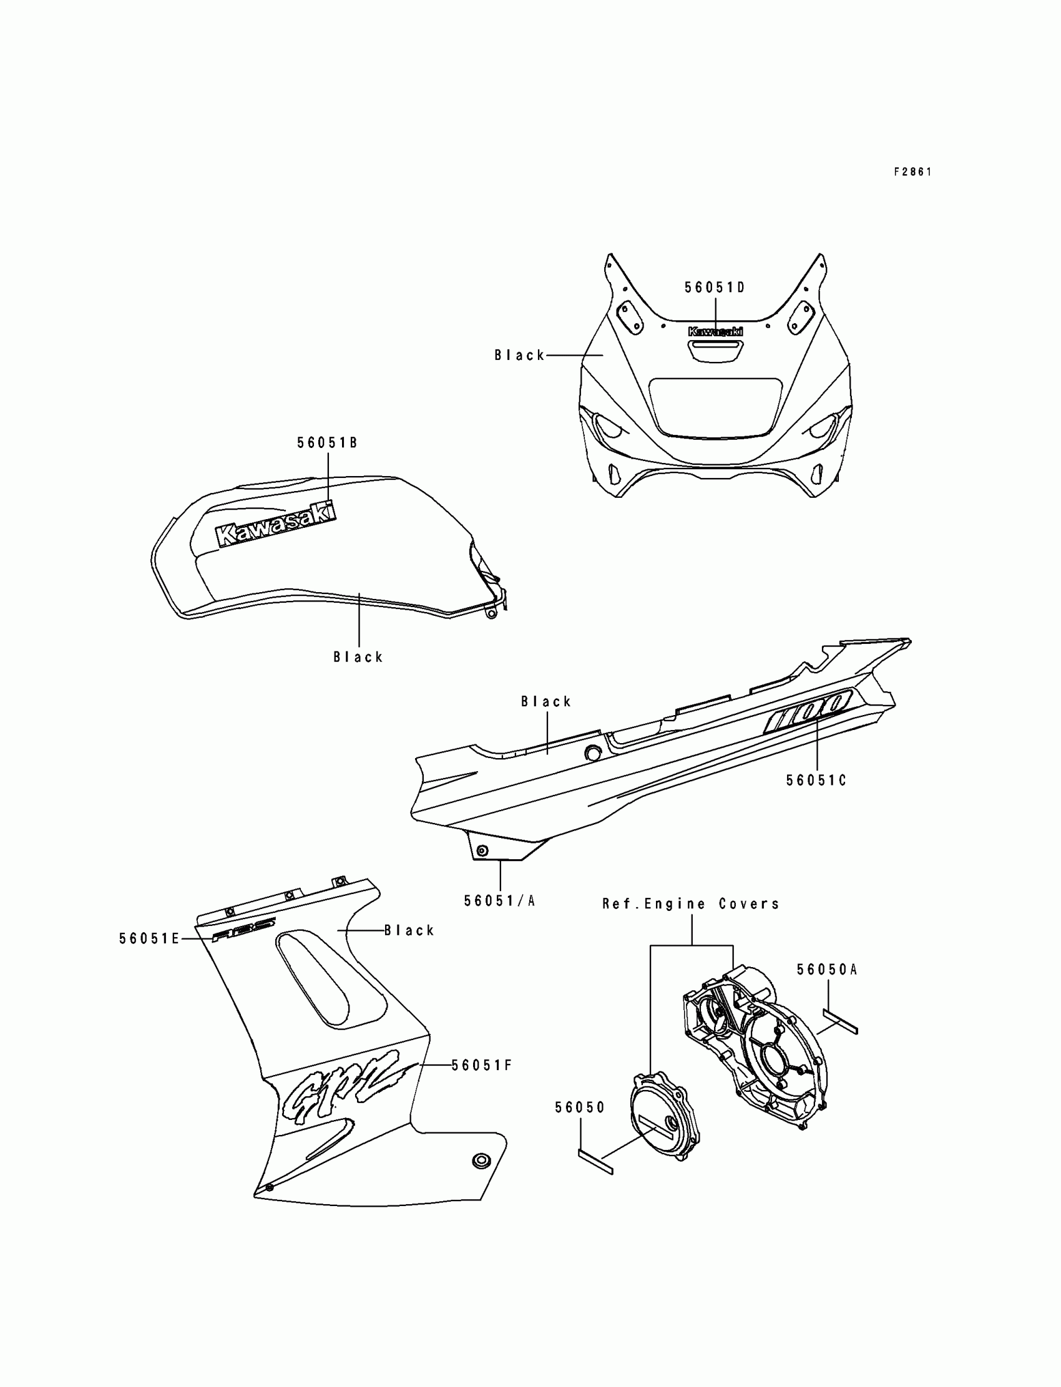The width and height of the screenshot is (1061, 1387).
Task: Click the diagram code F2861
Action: [912, 172]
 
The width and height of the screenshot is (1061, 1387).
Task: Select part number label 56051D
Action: [715, 288]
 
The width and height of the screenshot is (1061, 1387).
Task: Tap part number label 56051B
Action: [327, 443]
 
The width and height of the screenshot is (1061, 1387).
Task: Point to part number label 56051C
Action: [816, 781]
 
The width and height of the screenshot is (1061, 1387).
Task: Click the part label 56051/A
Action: [499, 902]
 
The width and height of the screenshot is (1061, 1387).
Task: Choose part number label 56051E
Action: [150, 939]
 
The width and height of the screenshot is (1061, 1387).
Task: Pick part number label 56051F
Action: [481, 1066]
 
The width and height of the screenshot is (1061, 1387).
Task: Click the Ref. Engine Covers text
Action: [691, 904]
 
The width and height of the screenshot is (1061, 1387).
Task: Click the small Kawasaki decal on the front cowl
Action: [715, 331]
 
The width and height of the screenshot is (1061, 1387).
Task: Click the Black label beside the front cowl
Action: [519, 356]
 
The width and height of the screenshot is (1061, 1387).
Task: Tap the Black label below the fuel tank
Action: [358, 657]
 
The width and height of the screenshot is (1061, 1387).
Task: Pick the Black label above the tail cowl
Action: [545, 701]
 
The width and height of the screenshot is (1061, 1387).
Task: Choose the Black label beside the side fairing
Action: [409, 930]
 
